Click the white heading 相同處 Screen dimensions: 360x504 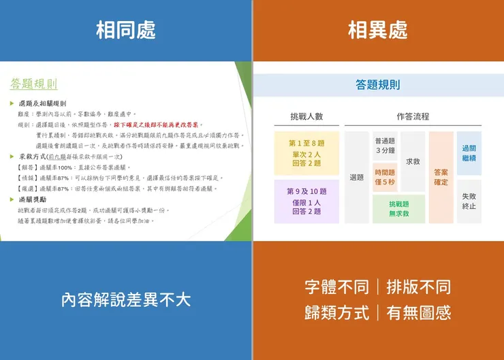coord(126,31)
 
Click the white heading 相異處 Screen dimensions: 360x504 coord(378,31)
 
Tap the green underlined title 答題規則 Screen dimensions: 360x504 coord(33,84)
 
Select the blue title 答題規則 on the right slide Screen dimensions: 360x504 coord(378,85)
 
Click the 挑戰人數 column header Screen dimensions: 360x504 coord(306,116)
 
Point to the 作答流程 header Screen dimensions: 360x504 coord(413,116)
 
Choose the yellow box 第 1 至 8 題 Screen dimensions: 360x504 coord(306,153)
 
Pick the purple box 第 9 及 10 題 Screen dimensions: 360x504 coord(306,201)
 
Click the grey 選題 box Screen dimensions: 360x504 coord(357,178)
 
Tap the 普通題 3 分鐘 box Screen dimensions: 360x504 coord(385,145)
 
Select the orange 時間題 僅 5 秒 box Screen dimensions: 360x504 coord(385,177)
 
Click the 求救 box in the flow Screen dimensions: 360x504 coord(413,161)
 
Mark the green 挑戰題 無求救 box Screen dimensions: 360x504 coord(398,209)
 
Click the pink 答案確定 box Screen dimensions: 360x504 coord(441,178)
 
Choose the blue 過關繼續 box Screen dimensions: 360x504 coord(469,153)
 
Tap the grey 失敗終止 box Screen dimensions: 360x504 coord(469,201)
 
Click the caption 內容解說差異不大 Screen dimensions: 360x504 coord(126,300)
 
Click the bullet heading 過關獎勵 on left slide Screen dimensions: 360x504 coord(37,199)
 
